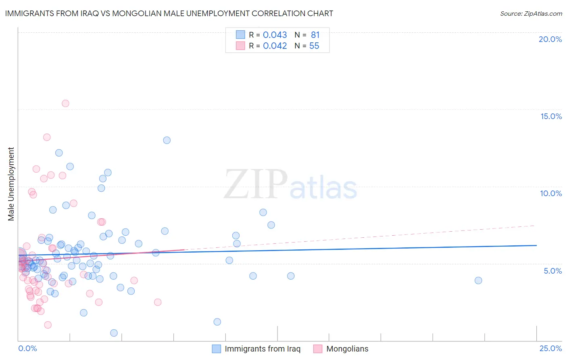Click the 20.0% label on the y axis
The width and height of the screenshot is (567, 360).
[550, 39]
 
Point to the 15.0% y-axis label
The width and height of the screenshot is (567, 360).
[551, 116]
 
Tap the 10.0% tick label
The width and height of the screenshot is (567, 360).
[551, 193]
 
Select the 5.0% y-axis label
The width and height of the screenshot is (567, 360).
[552, 271]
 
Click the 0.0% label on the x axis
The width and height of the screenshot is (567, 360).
[27, 348]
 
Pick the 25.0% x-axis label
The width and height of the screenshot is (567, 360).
[550, 348]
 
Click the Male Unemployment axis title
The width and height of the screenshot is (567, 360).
[11, 184]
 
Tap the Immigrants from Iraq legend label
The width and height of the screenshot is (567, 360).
[263, 349]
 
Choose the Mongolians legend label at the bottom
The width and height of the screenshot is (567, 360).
[347, 349]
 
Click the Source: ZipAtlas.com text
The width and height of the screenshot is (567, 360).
[531, 14]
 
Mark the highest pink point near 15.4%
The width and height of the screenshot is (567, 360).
[65, 103]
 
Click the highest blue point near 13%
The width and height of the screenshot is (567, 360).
[167, 140]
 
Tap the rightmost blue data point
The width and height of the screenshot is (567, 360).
[478, 280]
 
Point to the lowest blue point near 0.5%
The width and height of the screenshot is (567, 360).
[114, 333]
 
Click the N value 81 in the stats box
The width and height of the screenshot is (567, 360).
[315, 35]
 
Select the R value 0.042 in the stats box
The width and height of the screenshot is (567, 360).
[275, 46]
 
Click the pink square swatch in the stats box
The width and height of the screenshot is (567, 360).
[240, 46]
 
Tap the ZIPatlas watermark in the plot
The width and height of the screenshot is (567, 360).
[290, 185]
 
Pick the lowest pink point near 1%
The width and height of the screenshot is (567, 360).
[48, 325]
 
